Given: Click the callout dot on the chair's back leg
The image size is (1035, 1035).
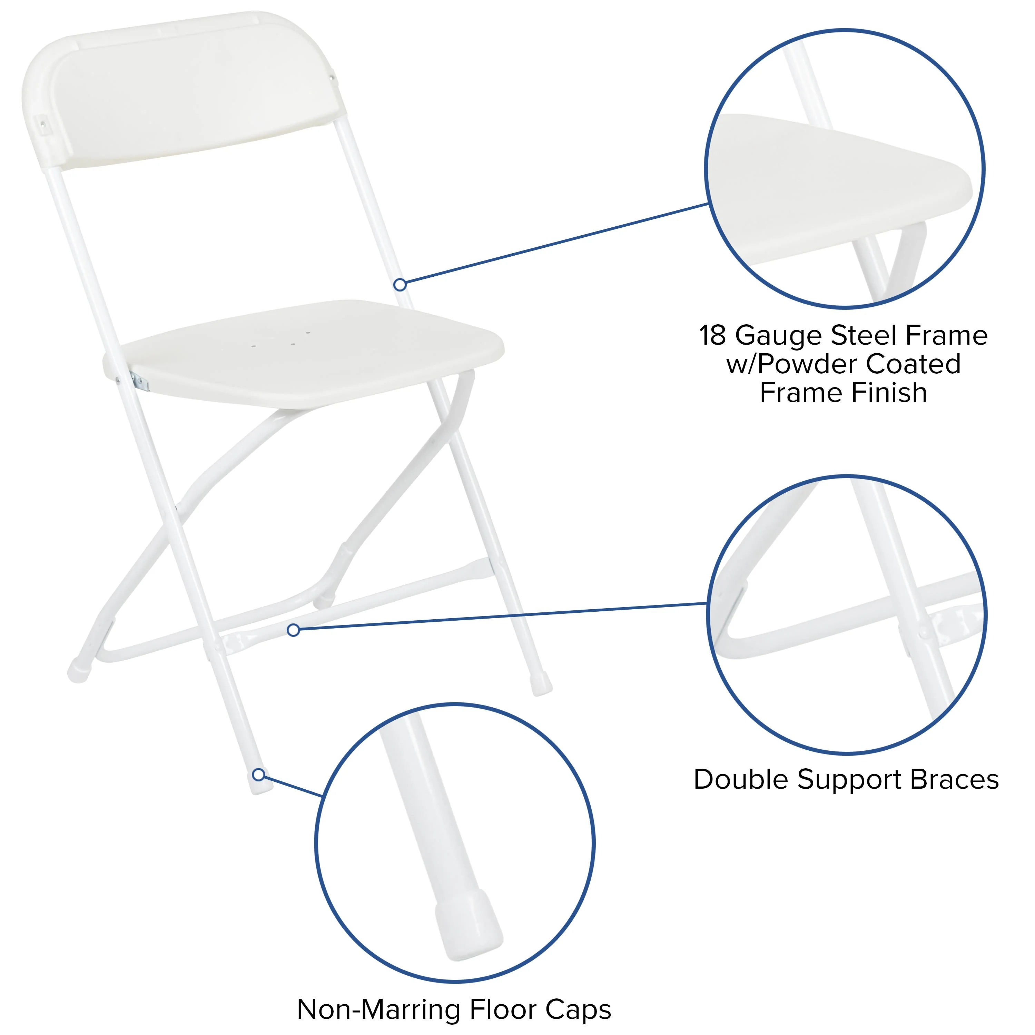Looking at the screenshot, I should [x=400, y=285].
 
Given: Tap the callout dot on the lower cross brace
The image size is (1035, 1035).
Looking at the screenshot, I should [x=293, y=630].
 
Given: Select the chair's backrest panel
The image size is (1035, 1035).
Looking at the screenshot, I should [x=187, y=91].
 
